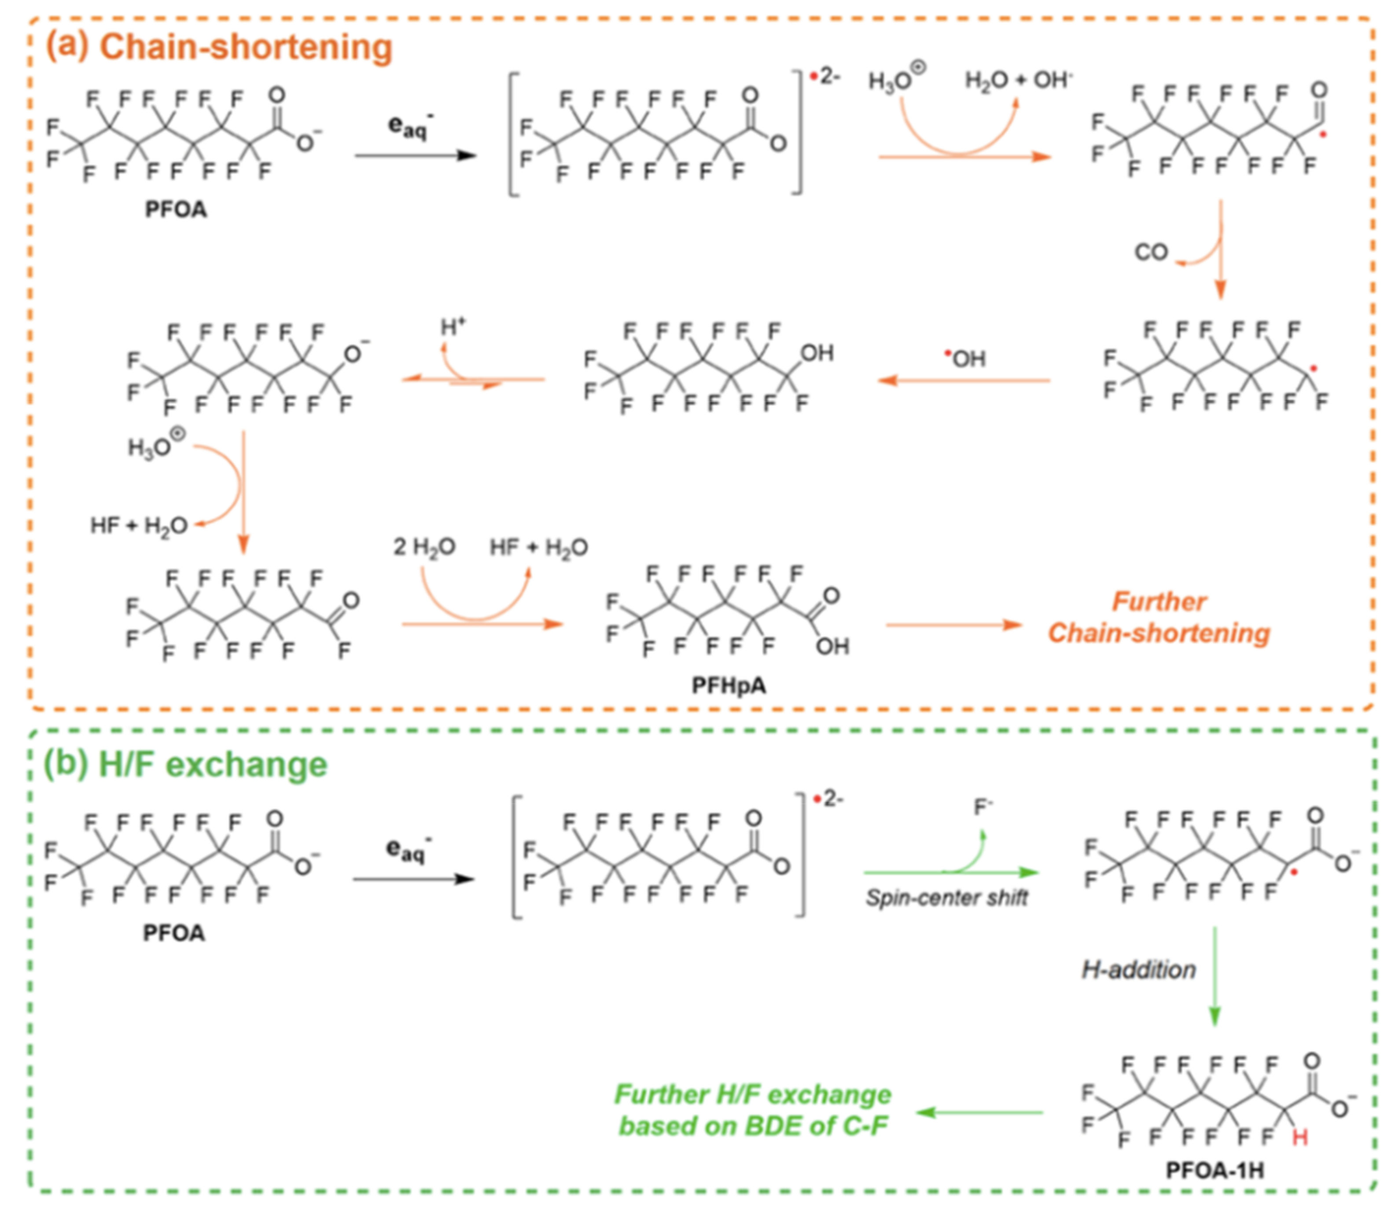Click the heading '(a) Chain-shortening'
pos(218,48)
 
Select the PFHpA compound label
pos(729,686)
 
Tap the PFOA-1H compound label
pos(1215,1170)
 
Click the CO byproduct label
pos(1151,252)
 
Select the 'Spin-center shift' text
pos(946,898)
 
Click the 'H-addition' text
pos(1139,970)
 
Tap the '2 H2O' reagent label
pos(424,547)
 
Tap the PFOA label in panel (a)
pos(176,210)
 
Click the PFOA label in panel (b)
pos(173,933)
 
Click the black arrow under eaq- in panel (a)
pos(415,156)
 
